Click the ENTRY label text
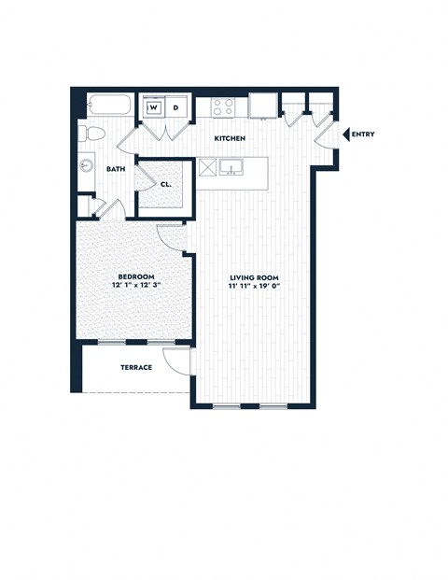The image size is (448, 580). coord(363,134)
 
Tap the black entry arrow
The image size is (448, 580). coord(346,134)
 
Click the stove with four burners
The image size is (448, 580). coord(223,106)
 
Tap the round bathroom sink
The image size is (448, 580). coord(86,166)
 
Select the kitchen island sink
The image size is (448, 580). coord(231,168)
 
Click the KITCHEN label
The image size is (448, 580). coord(230,139)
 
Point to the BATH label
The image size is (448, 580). coord(116,169)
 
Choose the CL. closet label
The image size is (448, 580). coord(165,184)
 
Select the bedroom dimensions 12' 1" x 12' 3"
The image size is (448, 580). coord(132,287)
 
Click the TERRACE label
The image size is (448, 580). coord(136,368)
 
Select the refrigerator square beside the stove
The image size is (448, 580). coord(262,107)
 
